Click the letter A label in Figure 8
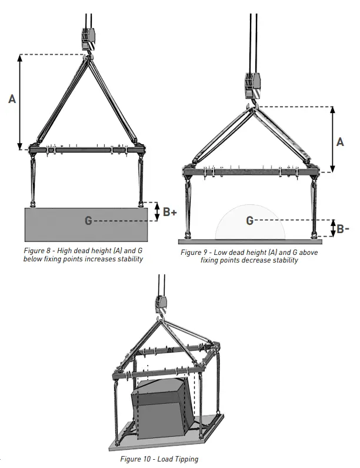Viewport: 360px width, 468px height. coord(12,99)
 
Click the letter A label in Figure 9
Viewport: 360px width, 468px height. coord(340,141)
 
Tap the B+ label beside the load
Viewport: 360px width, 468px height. coord(170,212)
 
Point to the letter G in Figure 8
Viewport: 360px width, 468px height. coord(88,221)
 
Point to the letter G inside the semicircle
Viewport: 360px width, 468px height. coord(249,220)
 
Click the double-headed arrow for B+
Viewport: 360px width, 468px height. coord(156,212)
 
